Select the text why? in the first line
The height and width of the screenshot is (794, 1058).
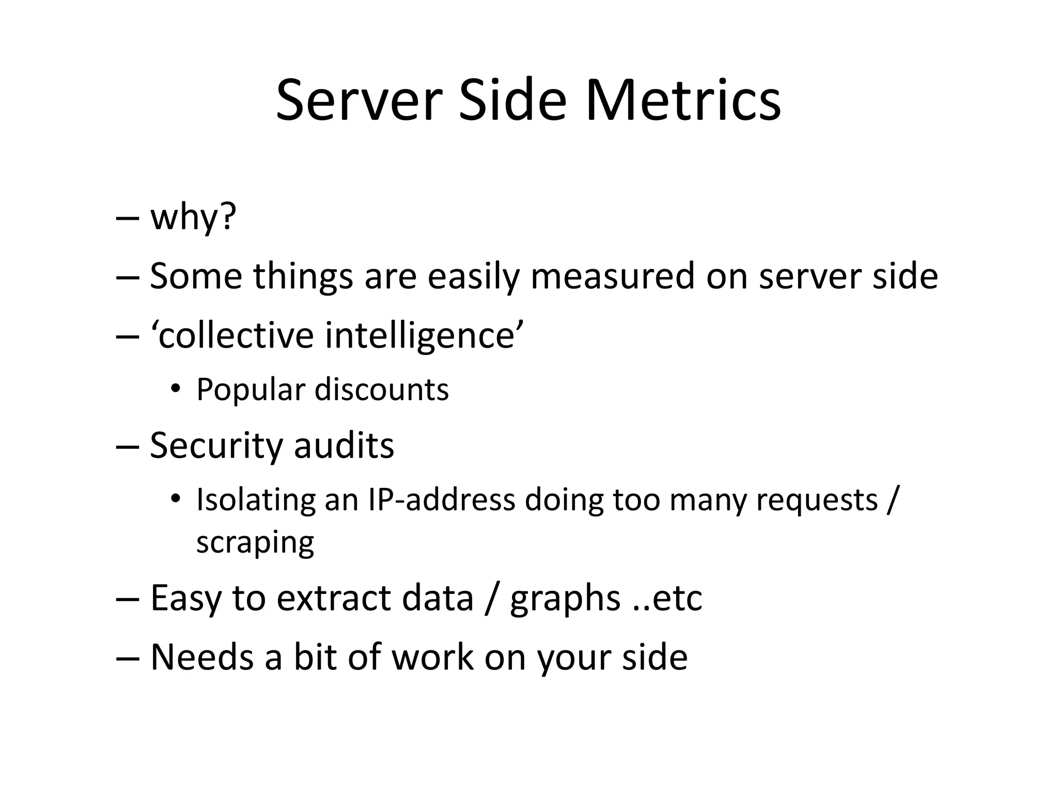pos(193,217)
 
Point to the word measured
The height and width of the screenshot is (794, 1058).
pos(613,276)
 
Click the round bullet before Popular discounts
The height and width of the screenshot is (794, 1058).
pos(176,389)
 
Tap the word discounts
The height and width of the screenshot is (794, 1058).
pos(382,389)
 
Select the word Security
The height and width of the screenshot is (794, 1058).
pos(215,446)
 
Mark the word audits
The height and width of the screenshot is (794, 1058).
pos(344,446)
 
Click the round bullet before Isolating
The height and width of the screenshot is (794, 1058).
pos(176,499)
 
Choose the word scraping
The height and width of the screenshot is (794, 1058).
pos(255,543)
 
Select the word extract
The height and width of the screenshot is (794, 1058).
pos(334,598)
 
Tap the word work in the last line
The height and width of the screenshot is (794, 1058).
pos(432,658)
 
